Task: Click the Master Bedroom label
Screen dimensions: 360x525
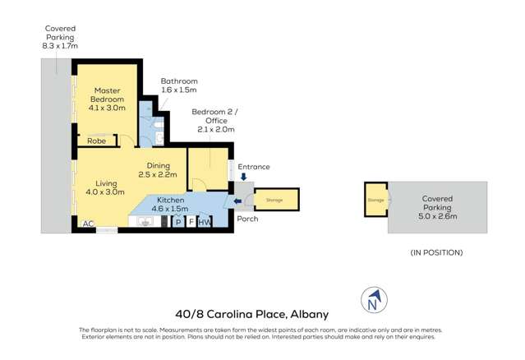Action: [x=107, y=99]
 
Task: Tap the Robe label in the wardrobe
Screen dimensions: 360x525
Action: [x=96, y=141]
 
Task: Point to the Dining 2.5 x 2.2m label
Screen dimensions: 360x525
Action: [x=157, y=169]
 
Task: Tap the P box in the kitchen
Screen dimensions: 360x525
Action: [x=178, y=222]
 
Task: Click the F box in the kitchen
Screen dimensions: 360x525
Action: [x=191, y=222]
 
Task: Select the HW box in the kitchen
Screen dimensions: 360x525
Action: [x=205, y=222]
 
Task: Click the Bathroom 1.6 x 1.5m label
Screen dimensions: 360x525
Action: [x=179, y=85]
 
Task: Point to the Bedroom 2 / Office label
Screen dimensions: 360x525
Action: [x=213, y=120]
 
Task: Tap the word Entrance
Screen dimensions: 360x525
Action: [x=254, y=167]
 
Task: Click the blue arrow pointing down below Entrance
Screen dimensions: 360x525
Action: [x=243, y=177]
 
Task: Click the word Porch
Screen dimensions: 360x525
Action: [x=246, y=219]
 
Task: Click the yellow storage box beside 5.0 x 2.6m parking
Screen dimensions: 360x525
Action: [x=375, y=199]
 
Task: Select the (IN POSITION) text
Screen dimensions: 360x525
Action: [x=436, y=252]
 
